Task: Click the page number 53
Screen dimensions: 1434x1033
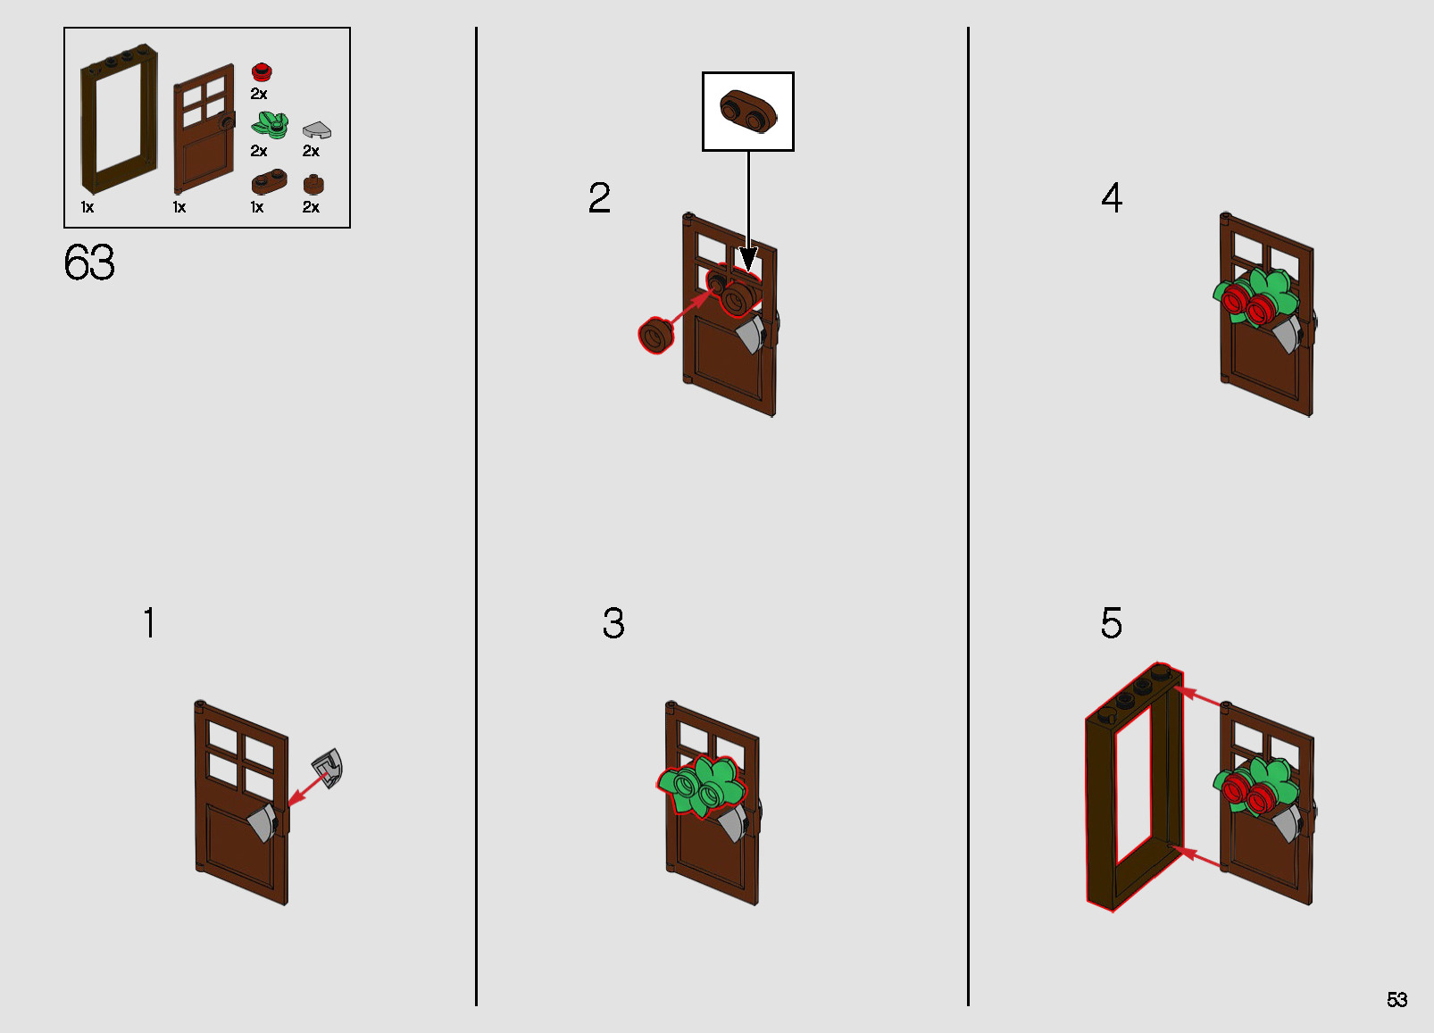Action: (1396, 999)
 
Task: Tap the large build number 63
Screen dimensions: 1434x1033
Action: (89, 262)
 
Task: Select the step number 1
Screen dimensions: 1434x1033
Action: (149, 622)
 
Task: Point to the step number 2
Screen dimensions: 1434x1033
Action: (599, 197)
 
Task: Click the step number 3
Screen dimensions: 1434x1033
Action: (613, 622)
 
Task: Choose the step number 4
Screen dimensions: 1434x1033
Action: (1112, 197)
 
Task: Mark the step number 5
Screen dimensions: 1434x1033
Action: (1112, 622)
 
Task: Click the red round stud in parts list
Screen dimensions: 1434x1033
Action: (262, 71)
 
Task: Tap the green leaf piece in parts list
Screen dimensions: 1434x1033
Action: (270, 125)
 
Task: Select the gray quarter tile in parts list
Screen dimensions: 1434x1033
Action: (317, 130)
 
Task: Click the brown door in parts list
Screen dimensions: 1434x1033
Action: (204, 128)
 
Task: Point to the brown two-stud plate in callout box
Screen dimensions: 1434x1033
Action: (747, 111)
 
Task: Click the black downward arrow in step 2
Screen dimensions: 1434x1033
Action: (748, 212)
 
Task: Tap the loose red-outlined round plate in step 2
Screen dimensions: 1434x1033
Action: (655, 336)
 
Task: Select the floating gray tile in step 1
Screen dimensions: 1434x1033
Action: (328, 768)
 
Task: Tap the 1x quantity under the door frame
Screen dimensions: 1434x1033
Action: (88, 207)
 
